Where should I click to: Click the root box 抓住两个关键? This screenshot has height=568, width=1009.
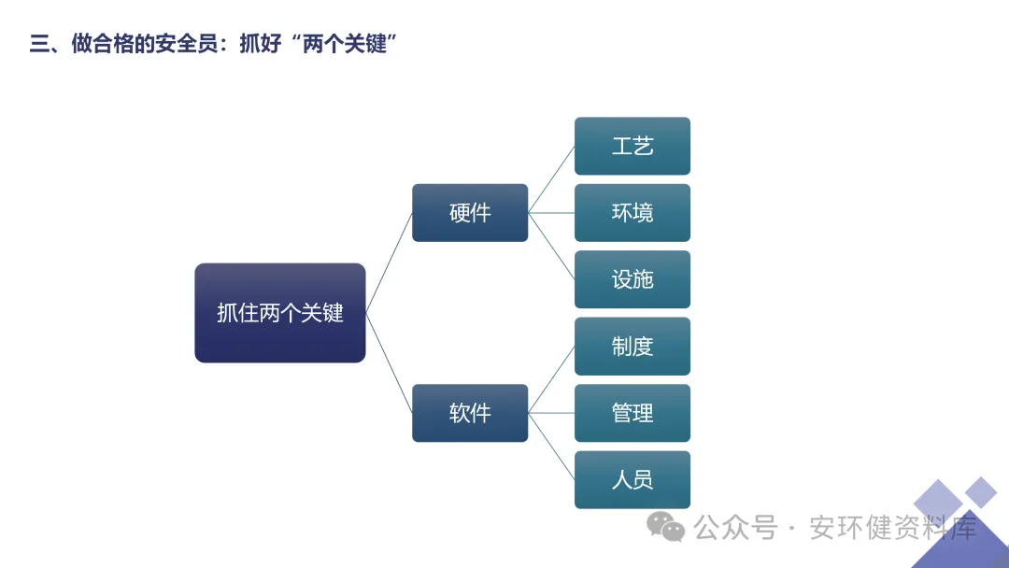[x=280, y=313]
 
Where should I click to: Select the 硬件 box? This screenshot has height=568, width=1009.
[x=470, y=213]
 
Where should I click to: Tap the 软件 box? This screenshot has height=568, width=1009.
[x=470, y=413]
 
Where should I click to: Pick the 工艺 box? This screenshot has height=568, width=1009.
[x=632, y=146]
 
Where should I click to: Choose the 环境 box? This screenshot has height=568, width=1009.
[x=632, y=213]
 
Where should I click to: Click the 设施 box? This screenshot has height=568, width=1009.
[x=632, y=279]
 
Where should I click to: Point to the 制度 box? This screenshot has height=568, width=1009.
[x=632, y=347]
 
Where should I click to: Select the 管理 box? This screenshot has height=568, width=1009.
[x=632, y=413]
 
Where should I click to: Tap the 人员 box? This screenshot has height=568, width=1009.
[x=632, y=480]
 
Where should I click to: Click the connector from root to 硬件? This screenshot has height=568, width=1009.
[x=389, y=263]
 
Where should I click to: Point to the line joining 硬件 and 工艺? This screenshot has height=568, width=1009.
[x=551, y=179]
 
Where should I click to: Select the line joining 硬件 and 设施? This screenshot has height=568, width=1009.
[x=551, y=247]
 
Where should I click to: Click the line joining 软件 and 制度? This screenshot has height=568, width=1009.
[x=551, y=379]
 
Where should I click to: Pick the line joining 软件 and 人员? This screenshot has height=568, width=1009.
[x=551, y=447]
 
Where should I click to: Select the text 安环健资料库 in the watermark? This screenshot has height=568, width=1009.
[x=892, y=528]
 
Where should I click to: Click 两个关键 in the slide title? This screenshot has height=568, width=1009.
[x=345, y=44]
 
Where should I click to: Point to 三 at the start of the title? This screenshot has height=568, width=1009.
[x=39, y=44]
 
